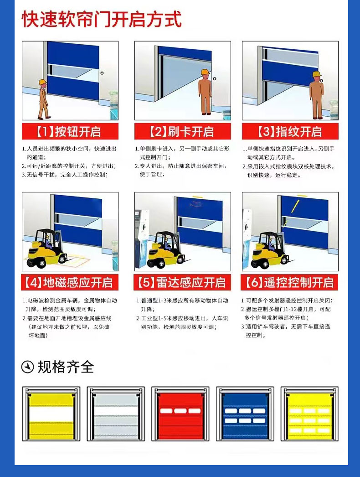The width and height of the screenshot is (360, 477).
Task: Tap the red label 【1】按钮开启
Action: (70, 132)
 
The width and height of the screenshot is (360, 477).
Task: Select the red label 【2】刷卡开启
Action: (182, 132)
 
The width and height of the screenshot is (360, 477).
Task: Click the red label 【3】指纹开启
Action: (290, 132)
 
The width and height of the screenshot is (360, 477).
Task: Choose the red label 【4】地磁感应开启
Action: (70, 282)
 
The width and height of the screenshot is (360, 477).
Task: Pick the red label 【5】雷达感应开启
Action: (182, 282)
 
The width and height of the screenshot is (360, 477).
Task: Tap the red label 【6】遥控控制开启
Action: (290, 282)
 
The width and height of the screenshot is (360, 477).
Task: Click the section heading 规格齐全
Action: (66, 367)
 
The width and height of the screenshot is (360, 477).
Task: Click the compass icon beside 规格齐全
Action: (28, 367)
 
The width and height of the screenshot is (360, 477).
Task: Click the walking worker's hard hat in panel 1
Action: (42, 82)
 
